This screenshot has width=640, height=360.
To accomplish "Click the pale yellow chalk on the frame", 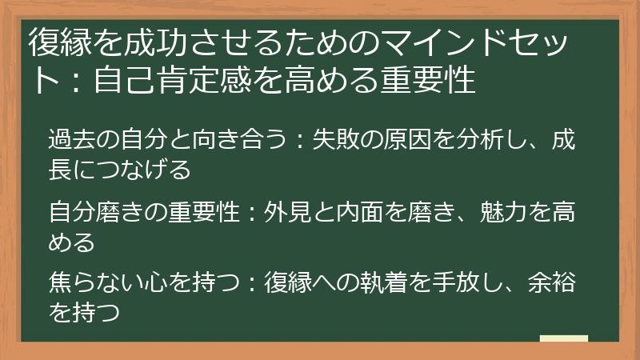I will click(563, 338).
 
